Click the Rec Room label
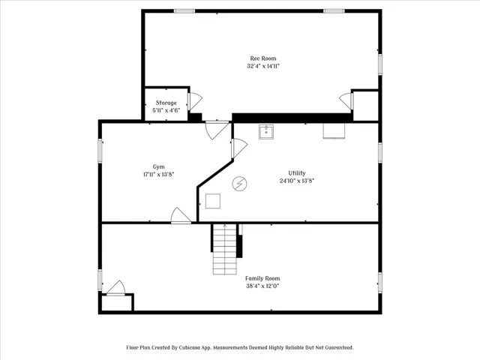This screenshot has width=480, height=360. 263,58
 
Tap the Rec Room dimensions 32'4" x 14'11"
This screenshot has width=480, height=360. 263,66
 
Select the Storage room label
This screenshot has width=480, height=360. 166,103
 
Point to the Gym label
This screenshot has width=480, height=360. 158,166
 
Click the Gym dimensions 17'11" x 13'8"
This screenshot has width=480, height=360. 158,175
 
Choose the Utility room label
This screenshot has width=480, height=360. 297,173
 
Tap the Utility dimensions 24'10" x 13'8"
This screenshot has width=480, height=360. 297,181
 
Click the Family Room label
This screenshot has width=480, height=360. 262,278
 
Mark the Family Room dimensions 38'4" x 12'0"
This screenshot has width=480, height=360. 262,286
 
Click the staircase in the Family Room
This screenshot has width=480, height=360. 225,249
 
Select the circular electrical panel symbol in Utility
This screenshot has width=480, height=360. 239,184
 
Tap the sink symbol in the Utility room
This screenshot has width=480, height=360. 266,132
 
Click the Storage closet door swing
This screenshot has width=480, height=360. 195,102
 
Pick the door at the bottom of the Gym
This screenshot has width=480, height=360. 181,215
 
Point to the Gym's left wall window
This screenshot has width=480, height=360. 100,151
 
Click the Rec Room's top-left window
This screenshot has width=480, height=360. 184,11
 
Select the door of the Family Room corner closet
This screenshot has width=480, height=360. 115,288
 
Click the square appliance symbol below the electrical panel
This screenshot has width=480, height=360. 213,201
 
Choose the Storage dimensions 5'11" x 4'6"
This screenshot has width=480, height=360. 166,110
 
